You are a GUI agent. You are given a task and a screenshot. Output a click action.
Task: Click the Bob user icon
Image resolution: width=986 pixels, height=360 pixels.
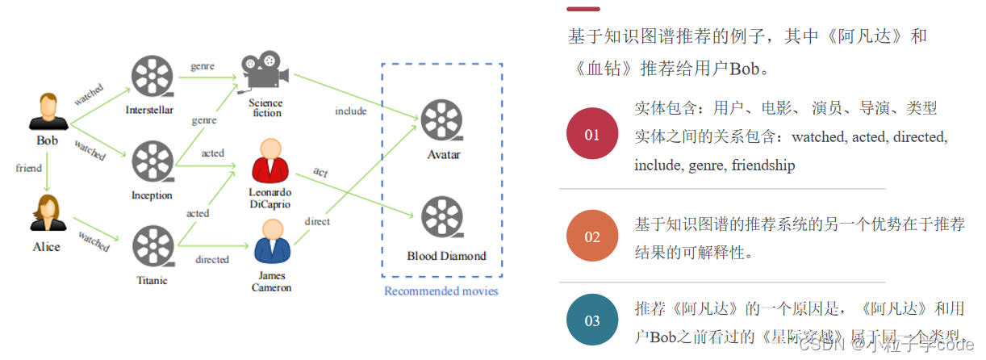pyautogui.click(x=48, y=111)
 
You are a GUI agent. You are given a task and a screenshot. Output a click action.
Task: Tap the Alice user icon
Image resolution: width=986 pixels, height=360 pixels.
pyautogui.click(x=47, y=213)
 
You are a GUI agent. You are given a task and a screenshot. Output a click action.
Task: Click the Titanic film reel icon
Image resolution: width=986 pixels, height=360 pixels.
pyautogui.click(x=151, y=248)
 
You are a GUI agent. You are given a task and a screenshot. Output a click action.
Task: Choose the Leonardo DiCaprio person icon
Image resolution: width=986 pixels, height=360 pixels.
pyautogui.click(x=270, y=161)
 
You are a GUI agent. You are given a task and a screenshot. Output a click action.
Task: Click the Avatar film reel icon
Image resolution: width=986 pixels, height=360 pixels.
pyautogui.click(x=443, y=119)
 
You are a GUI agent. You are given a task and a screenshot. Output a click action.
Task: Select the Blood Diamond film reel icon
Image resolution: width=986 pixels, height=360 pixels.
pyautogui.click(x=443, y=219)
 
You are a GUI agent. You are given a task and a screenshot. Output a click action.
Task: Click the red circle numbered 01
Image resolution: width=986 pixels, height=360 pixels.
pyautogui.click(x=592, y=134)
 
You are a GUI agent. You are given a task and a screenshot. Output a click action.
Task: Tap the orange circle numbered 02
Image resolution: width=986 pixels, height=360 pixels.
pyautogui.click(x=592, y=237)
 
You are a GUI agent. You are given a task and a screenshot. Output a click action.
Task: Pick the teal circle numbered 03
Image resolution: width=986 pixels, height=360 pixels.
pyautogui.click(x=592, y=320)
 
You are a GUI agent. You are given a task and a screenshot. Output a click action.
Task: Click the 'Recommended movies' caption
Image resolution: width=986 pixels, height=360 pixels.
pyautogui.click(x=441, y=291)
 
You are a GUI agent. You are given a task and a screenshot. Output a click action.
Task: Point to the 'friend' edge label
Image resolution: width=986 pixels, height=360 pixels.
pyautogui.click(x=29, y=168)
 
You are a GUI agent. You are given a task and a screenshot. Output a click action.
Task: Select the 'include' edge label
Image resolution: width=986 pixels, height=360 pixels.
pyautogui.click(x=351, y=111)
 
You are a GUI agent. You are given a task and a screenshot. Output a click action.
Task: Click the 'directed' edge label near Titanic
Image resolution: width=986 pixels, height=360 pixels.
pyautogui.click(x=211, y=260)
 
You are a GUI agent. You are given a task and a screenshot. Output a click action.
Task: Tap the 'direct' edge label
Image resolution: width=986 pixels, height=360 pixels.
pyautogui.click(x=317, y=221)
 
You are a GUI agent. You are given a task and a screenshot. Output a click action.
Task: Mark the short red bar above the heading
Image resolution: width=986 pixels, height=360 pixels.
pyautogui.click(x=583, y=9)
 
